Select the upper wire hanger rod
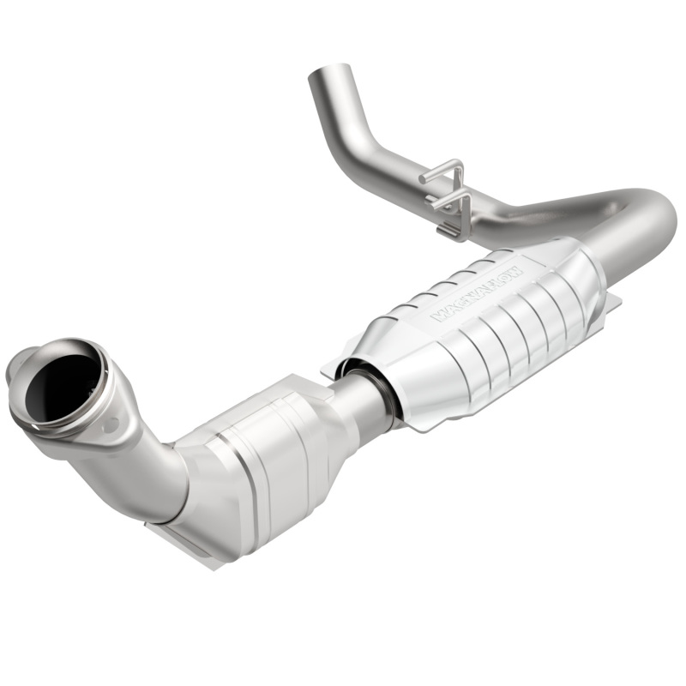(441, 171)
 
